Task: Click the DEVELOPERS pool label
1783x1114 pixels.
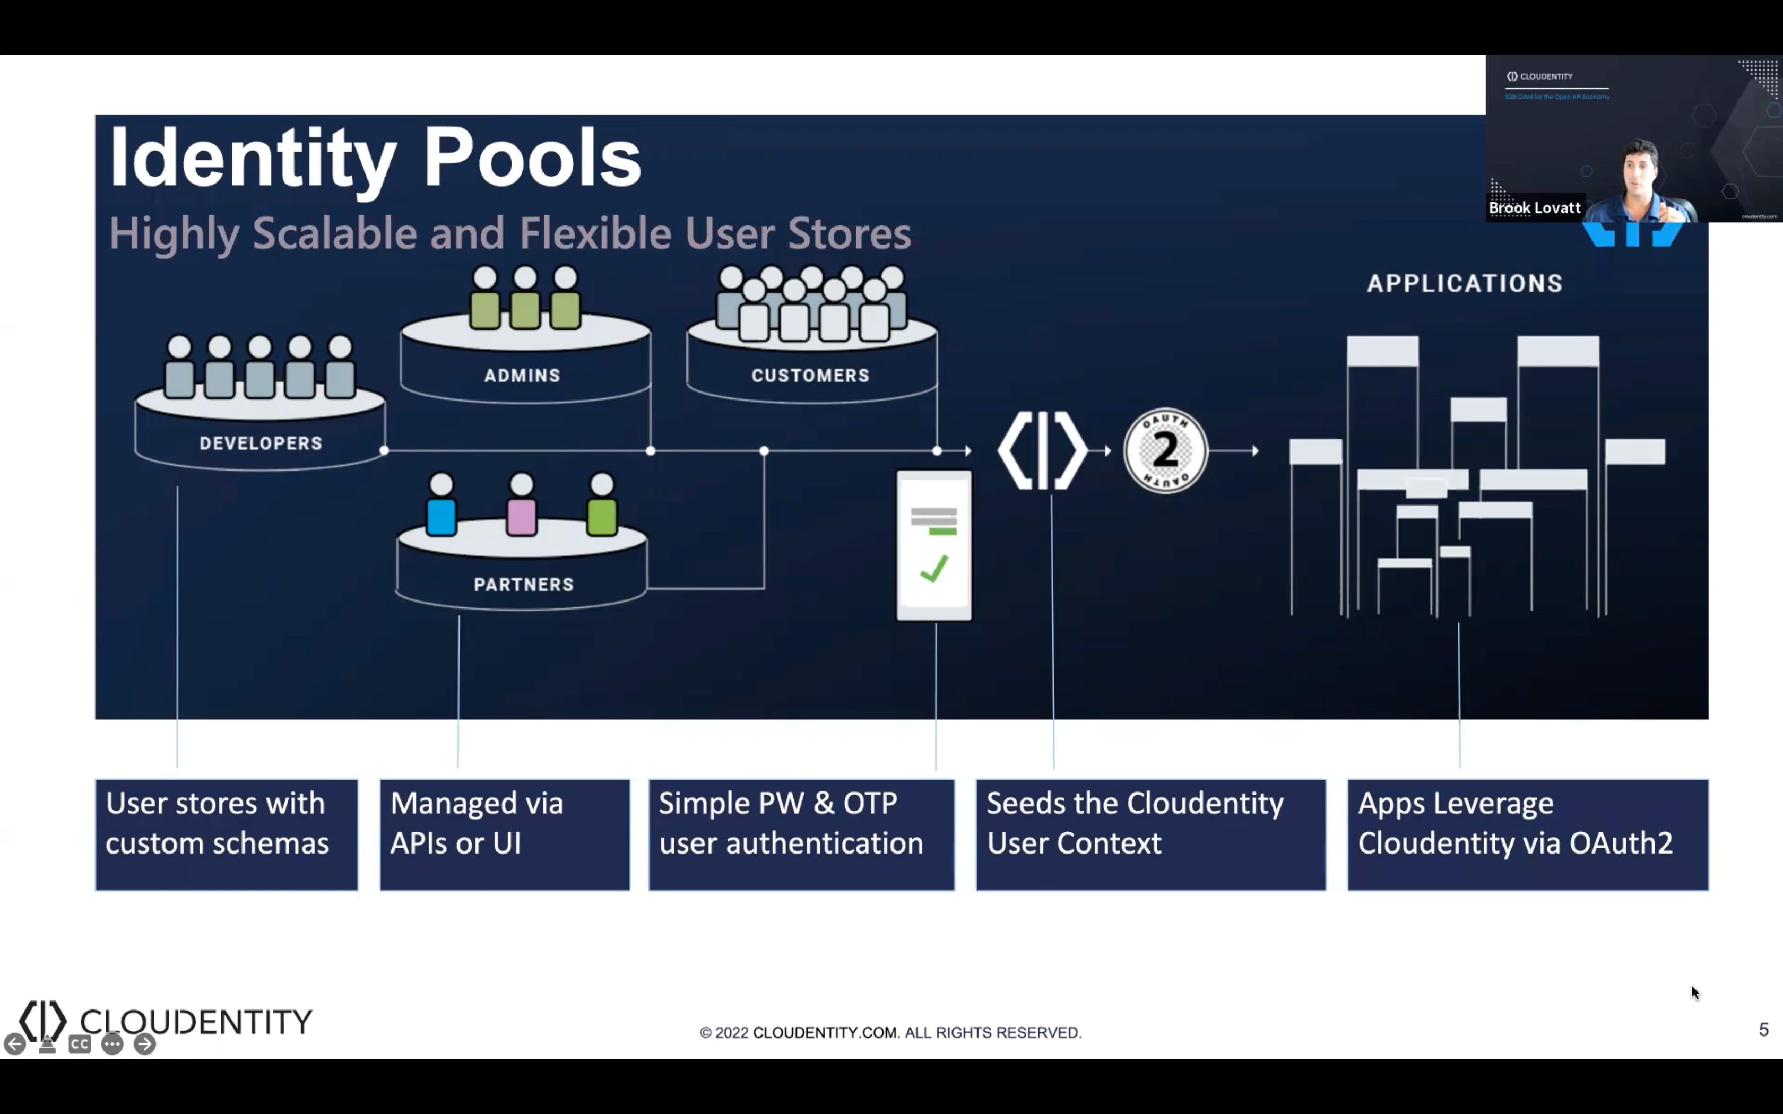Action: coord(261,443)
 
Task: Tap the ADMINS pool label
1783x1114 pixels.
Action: coord(522,375)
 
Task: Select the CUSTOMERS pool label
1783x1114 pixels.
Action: coord(810,375)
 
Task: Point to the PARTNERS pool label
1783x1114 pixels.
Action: coord(523,584)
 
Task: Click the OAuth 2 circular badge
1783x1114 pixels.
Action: coord(1165,450)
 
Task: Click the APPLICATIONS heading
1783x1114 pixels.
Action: coord(1464,284)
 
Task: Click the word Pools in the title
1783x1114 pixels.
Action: coord(531,158)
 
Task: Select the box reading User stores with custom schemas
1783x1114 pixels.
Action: coord(226,835)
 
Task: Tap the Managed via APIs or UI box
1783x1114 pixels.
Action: coord(505,835)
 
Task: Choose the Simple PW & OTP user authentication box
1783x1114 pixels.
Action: coord(801,835)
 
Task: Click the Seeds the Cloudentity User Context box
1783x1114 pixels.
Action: coord(1150,835)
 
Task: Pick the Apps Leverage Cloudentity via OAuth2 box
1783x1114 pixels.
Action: coord(1527,835)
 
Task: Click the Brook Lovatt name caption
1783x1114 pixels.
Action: coord(1534,208)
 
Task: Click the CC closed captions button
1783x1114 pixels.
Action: coord(80,1044)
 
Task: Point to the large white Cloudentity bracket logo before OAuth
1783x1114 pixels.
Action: coord(1042,450)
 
